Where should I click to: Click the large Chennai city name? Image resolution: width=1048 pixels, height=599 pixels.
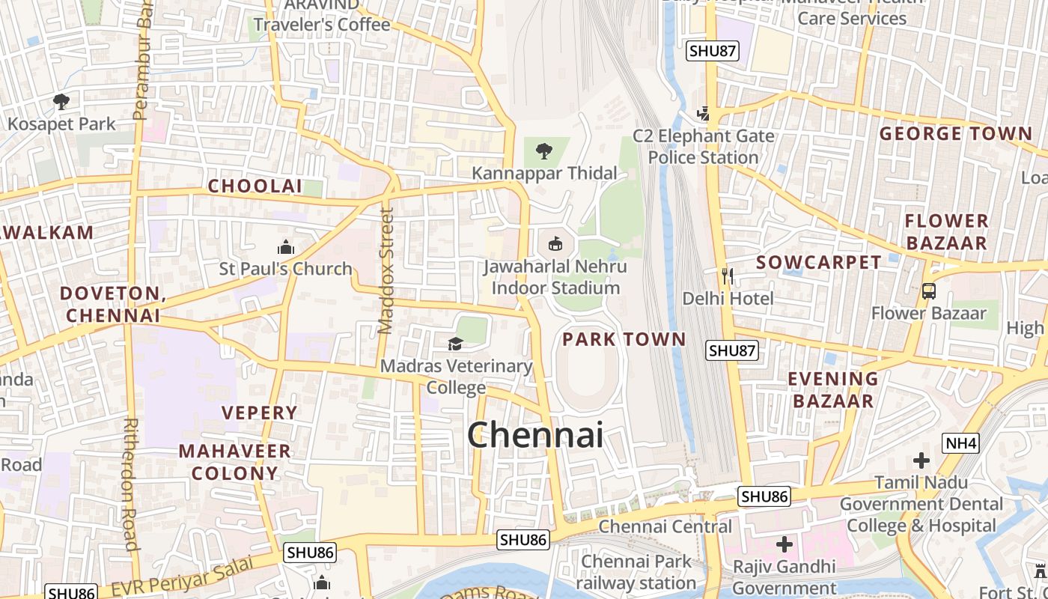(x=535, y=435)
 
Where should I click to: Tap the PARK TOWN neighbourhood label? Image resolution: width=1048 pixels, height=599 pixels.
(x=624, y=339)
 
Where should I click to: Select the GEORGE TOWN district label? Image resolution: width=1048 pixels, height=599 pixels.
(x=955, y=134)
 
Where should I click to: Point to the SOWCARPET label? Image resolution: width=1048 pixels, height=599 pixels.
(x=818, y=263)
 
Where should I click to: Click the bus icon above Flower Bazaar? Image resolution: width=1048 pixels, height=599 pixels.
(x=928, y=291)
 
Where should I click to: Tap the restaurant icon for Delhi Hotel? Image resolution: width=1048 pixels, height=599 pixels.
(x=726, y=276)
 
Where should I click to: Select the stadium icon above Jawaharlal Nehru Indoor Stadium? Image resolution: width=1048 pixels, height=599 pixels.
(x=555, y=243)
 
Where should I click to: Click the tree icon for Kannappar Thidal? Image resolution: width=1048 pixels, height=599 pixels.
(x=544, y=151)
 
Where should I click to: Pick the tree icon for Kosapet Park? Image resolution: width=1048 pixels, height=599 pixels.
(x=61, y=101)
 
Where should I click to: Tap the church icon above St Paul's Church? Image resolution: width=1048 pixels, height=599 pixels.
(x=285, y=247)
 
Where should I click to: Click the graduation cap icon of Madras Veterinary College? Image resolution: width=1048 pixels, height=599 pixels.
(x=455, y=344)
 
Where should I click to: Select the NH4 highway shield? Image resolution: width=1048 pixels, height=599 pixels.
(x=961, y=443)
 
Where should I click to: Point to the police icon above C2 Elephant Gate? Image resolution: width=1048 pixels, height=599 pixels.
(x=703, y=114)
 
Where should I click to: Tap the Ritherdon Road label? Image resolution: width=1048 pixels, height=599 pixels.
(x=131, y=484)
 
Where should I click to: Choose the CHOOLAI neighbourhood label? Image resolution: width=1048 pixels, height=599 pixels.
(x=255, y=186)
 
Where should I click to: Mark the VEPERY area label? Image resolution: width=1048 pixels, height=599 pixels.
(x=259, y=413)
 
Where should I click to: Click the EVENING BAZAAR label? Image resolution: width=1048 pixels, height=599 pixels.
(x=833, y=389)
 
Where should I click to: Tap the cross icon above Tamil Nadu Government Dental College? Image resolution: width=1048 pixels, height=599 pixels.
(x=921, y=460)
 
